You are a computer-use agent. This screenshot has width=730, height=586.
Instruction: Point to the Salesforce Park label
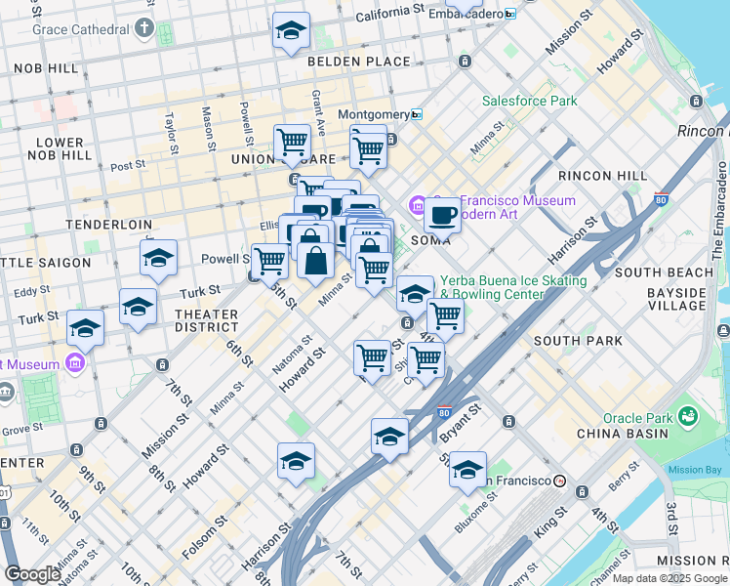529,101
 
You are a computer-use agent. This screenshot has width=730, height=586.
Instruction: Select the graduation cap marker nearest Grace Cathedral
291,32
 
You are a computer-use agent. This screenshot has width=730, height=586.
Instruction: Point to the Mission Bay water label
695,470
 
